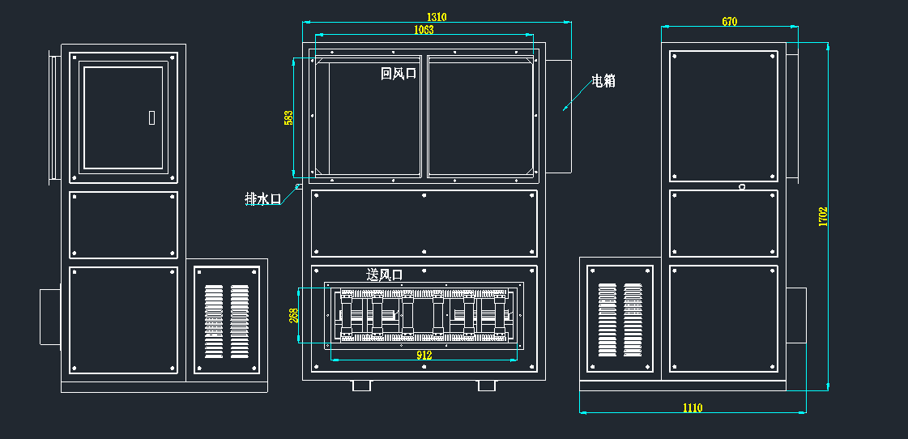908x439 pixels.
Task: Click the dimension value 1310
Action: point(437,17)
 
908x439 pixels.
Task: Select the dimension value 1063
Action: point(424,30)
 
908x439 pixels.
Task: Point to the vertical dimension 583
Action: point(288,117)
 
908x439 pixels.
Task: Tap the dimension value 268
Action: point(294,315)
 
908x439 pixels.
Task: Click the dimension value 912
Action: point(424,355)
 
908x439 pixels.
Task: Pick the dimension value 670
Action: point(730,22)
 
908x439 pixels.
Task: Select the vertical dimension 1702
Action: point(823,217)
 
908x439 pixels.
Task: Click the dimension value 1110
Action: point(692,407)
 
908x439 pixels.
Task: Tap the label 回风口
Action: point(399,74)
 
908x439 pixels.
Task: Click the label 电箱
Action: point(603,80)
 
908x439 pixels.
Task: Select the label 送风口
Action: point(385,275)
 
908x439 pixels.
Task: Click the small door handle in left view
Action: point(151,117)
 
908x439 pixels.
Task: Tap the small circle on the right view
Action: point(742,187)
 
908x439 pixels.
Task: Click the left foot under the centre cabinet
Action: point(361,385)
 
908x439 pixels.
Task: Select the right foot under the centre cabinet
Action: point(487,385)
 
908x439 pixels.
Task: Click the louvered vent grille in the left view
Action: point(226,321)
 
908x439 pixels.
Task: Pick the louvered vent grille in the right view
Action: point(620,320)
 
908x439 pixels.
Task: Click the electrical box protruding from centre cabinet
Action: point(559,115)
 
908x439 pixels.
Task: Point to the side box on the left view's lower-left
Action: point(50,318)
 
